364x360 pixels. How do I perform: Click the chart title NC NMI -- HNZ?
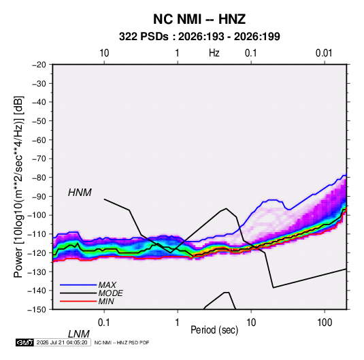click(x=199, y=19)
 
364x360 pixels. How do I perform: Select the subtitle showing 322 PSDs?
click(x=199, y=37)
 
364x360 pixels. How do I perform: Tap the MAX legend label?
click(x=107, y=285)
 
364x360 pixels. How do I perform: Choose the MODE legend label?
click(x=110, y=293)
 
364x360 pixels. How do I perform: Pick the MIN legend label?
click(x=106, y=301)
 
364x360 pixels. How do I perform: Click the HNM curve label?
click(x=80, y=193)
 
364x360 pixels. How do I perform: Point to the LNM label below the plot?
click(x=78, y=334)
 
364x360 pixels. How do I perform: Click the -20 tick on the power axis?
click(x=39, y=65)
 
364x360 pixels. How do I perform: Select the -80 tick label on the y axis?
click(x=39, y=178)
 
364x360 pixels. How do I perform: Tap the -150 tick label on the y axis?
click(x=37, y=310)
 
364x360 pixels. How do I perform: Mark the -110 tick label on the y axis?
click(x=37, y=234)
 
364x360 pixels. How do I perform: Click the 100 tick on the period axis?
click(x=325, y=323)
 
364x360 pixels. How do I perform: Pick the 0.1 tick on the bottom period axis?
click(x=104, y=323)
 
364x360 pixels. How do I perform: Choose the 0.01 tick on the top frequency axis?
click(x=324, y=53)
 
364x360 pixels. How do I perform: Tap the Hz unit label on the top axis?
click(x=214, y=53)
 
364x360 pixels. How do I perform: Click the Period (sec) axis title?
click(x=214, y=330)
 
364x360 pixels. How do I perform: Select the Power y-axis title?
click(x=19, y=187)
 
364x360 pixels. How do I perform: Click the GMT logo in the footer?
click(x=24, y=342)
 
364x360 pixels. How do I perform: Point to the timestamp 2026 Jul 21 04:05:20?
click(x=62, y=342)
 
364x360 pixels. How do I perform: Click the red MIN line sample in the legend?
click(x=78, y=301)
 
